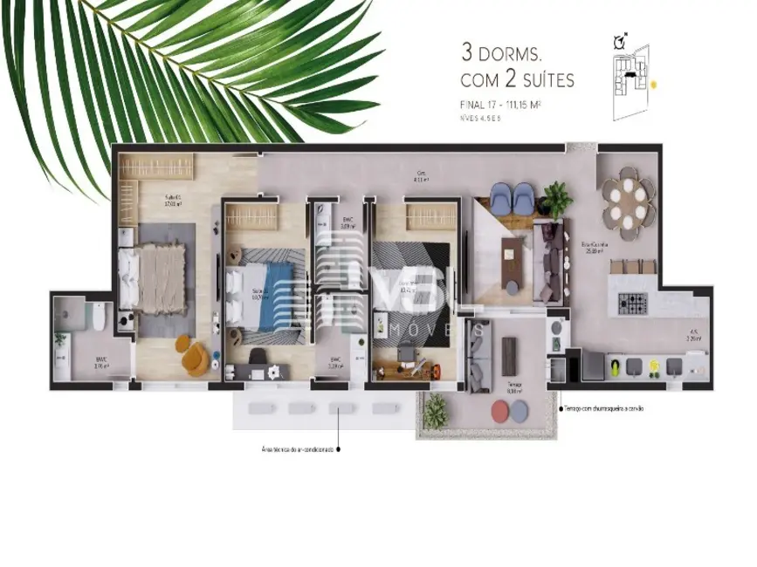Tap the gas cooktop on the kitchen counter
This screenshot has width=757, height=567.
(633, 304)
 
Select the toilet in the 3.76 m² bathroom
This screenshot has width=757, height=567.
(99, 323)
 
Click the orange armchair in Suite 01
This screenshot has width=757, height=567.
(193, 355)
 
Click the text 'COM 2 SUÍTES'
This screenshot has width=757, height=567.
(516, 80)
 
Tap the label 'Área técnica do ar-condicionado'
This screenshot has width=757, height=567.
(298, 450)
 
